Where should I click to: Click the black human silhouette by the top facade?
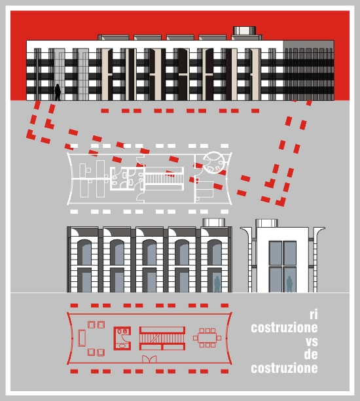[58, 92]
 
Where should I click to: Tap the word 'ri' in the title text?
[314, 314]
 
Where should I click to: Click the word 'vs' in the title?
[312, 341]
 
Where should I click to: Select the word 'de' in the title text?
[311, 354]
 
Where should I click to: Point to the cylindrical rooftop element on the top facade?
[244, 31]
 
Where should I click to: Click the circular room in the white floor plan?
[214, 163]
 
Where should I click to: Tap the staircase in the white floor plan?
[164, 179]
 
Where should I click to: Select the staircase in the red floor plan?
[162, 338]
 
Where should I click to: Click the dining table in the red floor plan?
[207, 338]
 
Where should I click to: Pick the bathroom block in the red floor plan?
[122, 338]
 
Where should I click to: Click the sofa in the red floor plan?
[82, 338]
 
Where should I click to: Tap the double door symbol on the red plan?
[149, 358]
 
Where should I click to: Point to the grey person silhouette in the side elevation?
[289, 284]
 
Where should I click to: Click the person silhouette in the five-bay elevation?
[217, 284]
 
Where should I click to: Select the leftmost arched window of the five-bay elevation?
[84, 252]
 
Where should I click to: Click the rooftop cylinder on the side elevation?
[266, 223]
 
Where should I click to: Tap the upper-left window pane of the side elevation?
[276, 253]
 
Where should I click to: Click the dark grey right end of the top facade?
[308, 71]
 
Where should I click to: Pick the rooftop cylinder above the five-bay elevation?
[214, 222]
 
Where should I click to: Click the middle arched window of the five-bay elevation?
[149, 252]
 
